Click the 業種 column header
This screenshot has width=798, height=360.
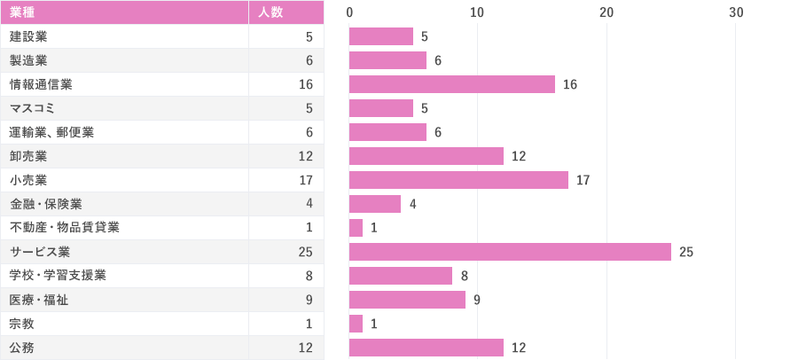point(22,12)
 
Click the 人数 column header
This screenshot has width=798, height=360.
point(270,12)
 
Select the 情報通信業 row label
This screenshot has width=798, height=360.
point(41,84)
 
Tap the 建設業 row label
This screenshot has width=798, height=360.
point(28,36)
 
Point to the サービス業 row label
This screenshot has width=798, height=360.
point(40,252)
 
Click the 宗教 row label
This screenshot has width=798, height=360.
point(22,324)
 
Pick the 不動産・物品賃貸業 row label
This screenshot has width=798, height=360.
point(65,228)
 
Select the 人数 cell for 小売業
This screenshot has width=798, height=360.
point(306,180)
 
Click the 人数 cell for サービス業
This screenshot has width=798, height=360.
point(306,252)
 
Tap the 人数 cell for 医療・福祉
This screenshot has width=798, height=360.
point(309,300)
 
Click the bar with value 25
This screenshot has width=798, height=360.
point(510,252)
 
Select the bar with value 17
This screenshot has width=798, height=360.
point(458,180)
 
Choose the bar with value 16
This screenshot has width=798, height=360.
point(452,84)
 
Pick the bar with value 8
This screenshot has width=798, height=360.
point(401,276)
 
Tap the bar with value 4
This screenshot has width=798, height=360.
point(375,204)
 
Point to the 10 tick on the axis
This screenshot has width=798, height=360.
point(477,12)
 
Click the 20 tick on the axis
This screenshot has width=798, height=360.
point(606,12)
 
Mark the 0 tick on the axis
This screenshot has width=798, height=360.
point(349,12)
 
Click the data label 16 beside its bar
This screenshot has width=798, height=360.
point(570,84)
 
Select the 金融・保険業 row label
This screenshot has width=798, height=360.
point(46,204)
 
